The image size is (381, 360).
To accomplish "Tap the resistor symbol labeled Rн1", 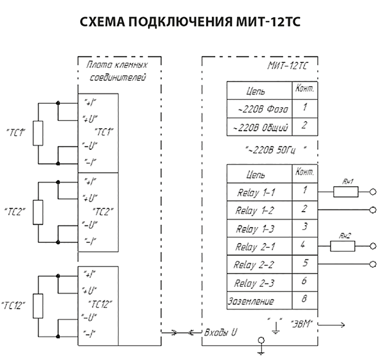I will point(345,192).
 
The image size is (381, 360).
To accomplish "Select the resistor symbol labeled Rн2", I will point(342,246).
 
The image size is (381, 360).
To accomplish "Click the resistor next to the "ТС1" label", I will point(38,133).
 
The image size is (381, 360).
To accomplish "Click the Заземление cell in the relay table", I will point(251,301).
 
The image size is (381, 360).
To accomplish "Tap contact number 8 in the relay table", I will point(304,299).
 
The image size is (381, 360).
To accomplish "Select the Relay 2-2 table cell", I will point(254,265).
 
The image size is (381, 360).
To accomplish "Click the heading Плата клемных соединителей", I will point(117,71).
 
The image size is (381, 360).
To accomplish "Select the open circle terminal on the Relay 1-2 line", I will point(373,210).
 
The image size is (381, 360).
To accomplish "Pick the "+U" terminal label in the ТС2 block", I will point(90,198).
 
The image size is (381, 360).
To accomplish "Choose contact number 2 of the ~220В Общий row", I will point(304,126).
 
